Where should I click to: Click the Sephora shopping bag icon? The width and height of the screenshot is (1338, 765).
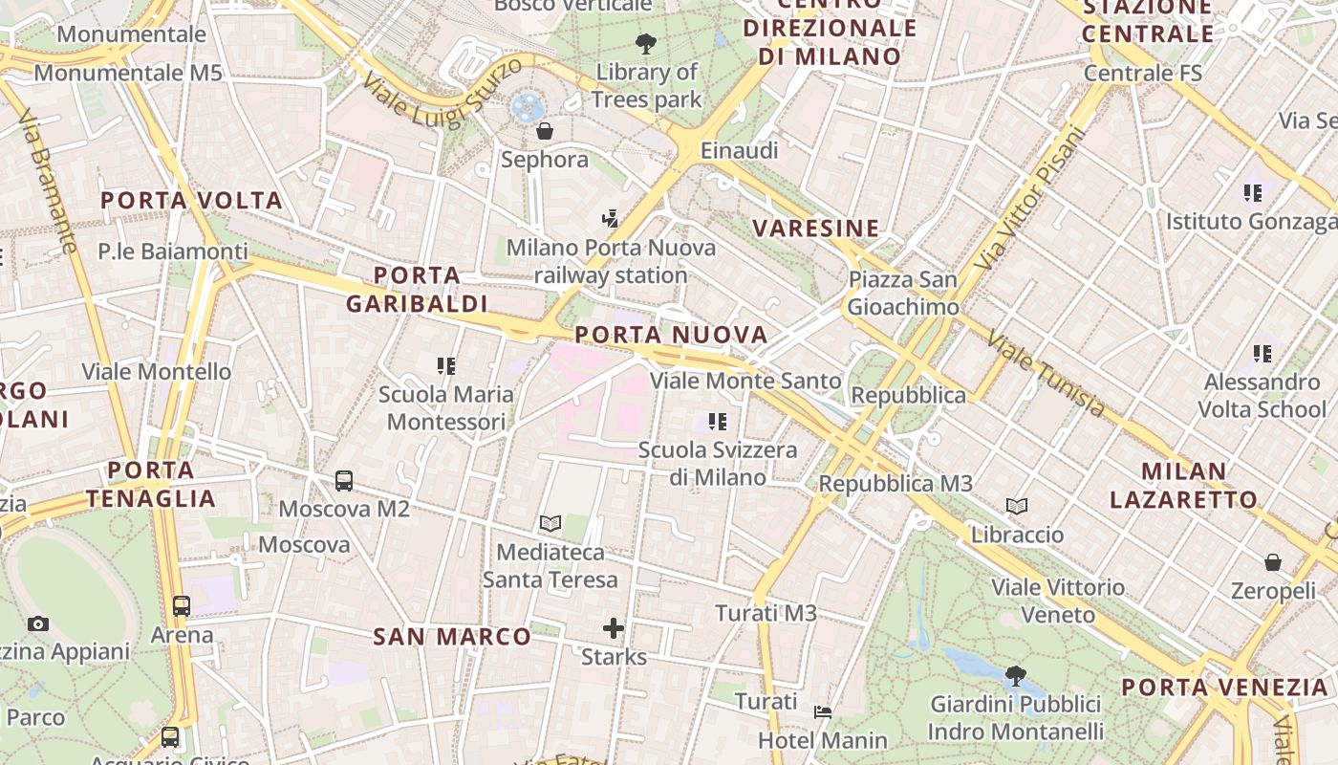pyautogui.click(x=544, y=131)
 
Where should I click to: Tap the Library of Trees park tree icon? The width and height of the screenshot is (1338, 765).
pyautogui.click(x=646, y=43)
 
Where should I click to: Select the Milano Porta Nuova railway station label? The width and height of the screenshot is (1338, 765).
pyautogui.click(x=611, y=261)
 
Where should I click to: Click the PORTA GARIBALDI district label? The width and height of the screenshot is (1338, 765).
pyautogui.click(x=417, y=290)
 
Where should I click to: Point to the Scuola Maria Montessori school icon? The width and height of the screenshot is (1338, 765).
pyautogui.click(x=446, y=365)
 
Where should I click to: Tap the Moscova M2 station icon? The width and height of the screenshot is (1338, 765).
pyautogui.click(x=344, y=481)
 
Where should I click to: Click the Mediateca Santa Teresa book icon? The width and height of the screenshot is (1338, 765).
pyautogui.click(x=550, y=523)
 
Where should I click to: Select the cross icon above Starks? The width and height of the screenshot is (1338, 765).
pyautogui.click(x=614, y=628)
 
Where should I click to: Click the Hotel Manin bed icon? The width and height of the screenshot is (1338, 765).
pyautogui.click(x=823, y=711)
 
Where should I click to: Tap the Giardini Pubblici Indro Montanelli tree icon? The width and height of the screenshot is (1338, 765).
pyautogui.click(x=1016, y=676)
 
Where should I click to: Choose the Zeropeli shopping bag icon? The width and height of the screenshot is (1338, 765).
pyautogui.click(x=1273, y=562)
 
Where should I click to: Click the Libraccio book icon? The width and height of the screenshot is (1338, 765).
pyautogui.click(x=1017, y=506)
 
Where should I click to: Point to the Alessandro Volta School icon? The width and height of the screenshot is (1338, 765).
pyautogui.click(x=1263, y=354)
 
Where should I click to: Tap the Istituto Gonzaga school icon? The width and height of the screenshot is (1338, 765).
pyautogui.click(x=1253, y=193)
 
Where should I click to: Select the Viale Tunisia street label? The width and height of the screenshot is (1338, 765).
pyautogui.click(x=1047, y=374)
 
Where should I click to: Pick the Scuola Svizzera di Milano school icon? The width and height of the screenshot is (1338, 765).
pyautogui.click(x=718, y=421)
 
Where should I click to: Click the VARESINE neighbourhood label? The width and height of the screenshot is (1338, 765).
pyautogui.click(x=815, y=229)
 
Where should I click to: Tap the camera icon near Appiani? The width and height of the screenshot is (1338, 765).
pyautogui.click(x=38, y=624)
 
